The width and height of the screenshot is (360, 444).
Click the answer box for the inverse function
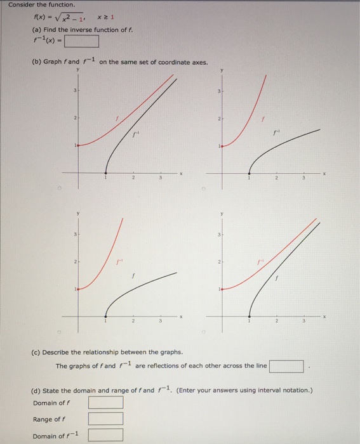(81, 42)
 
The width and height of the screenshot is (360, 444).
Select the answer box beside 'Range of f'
(105, 419)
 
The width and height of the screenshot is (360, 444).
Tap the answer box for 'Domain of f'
(105, 403)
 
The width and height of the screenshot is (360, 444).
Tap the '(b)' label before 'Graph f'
(37, 62)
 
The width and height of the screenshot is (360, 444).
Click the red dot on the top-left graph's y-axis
(79, 146)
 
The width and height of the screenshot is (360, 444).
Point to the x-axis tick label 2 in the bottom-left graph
(133, 321)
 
